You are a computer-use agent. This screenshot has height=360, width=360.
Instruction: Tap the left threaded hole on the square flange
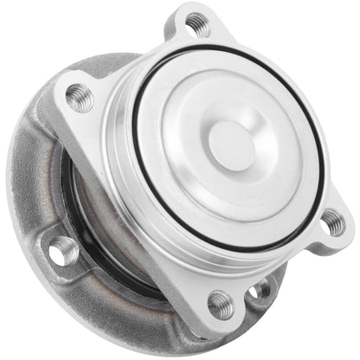tap(80, 97)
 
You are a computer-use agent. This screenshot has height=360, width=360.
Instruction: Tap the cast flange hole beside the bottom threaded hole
tap(259, 290)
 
